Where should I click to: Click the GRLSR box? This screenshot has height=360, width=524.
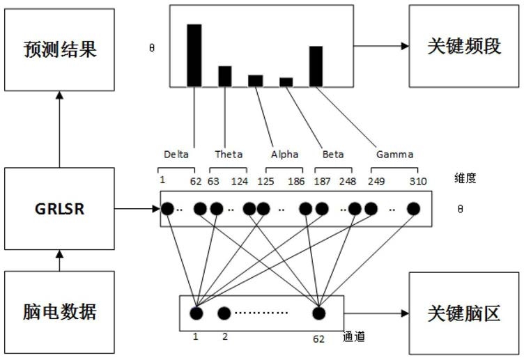pos(59,209)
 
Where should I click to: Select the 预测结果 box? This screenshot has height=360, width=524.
pos(59,49)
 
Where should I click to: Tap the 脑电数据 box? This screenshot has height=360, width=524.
pos(59,312)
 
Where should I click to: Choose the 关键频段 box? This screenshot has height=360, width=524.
pos(464,46)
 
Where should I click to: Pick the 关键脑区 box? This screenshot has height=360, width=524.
pos(464,313)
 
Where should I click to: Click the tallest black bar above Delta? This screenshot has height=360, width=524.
pos(194,56)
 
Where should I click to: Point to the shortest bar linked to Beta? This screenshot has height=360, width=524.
pos(286,82)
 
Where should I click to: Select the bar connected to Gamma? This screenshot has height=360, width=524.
pos(316,66)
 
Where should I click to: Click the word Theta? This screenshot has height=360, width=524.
pos(229,155)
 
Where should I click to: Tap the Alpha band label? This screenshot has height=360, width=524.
pos(285,155)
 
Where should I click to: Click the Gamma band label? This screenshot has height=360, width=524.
pos(395,155)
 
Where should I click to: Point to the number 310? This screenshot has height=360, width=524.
pos(418,181)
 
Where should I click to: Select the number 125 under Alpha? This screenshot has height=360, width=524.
pos(265,181)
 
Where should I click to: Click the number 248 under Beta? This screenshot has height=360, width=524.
pos(348,181)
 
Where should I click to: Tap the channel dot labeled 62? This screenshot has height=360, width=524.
pos(319,313)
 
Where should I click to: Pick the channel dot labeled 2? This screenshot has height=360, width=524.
pos(224,313)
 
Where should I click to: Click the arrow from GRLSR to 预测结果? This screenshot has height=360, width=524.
pos(59,130)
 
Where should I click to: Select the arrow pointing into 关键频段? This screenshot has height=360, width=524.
pos(381,46)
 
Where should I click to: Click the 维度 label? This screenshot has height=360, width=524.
pos(465,178)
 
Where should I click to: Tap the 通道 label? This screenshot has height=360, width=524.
pos(354,336)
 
